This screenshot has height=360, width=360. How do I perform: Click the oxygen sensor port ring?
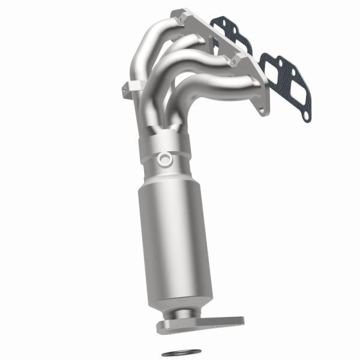point(164,159)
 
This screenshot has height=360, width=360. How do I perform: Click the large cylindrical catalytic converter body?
point(170,240)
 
